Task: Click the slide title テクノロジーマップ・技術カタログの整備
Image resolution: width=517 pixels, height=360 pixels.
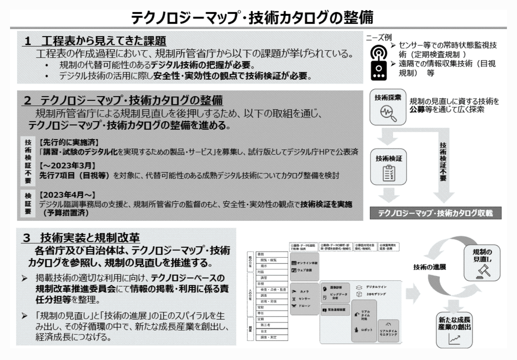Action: click(x=252, y=18)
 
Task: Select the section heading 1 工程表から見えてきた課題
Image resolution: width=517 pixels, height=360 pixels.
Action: click(x=95, y=41)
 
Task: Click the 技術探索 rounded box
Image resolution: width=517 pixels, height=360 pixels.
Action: click(x=388, y=107)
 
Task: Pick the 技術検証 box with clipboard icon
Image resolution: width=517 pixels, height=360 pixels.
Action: click(x=388, y=167)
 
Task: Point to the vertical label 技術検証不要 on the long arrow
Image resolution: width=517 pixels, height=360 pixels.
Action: click(x=443, y=162)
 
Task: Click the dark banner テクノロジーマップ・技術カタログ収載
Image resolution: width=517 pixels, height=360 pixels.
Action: click(x=435, y=213)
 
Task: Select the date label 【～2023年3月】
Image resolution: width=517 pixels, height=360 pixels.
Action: click(x=67, y=166)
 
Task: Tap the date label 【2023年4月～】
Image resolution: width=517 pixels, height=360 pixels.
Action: click(x=67, y=195)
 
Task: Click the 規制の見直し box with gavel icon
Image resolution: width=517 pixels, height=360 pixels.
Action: click(x=482, y=262)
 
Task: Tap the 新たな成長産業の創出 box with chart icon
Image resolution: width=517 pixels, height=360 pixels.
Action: click(x=454, y=330)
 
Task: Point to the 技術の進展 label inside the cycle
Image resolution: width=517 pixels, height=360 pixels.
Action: click(x=429, y=267)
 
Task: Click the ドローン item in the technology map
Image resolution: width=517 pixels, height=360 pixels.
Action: click(x=304, y=306)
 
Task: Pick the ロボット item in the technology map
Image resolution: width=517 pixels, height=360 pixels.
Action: click(x=366, y=330)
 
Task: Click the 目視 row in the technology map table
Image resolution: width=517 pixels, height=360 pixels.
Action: click(x=261, y=284)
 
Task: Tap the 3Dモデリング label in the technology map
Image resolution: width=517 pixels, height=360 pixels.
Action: click(x=375, y=294)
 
